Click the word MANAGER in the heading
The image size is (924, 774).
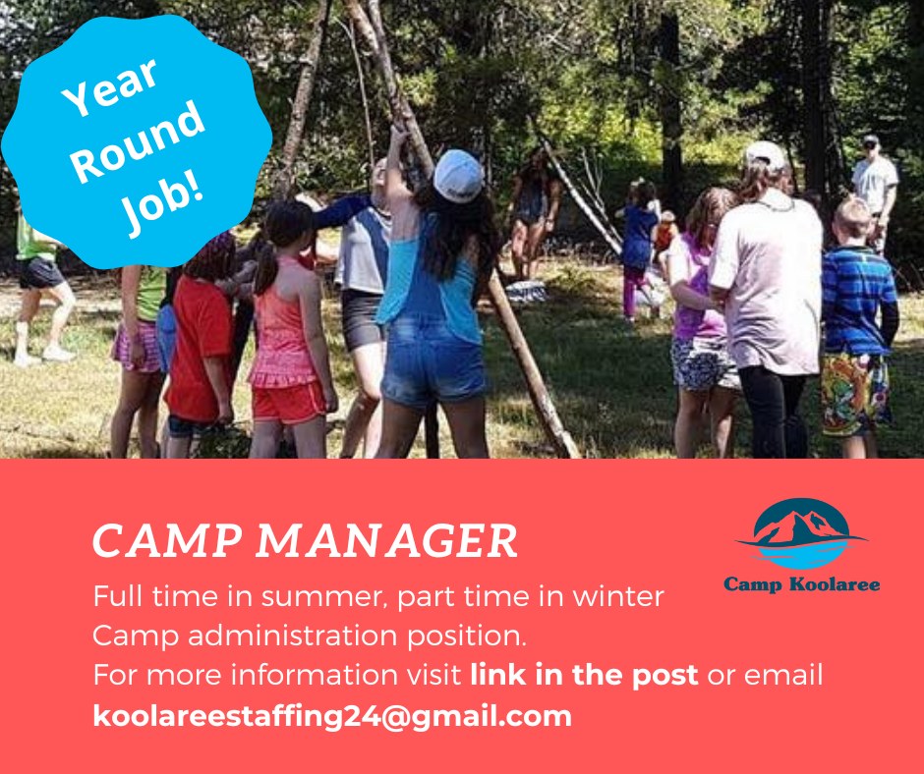click(x=386, y=540)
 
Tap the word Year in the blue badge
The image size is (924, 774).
click(x=110, y=86)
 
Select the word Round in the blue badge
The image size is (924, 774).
click(x=139, y=142)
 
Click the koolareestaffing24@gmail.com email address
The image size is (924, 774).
click(x=332, y=716)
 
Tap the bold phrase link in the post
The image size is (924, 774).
click(x=584, y=675)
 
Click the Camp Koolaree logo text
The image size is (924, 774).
click(x=801, y=584)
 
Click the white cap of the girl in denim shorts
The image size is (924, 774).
click(x=458, y=175)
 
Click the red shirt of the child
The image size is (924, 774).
click(x=200, y=349)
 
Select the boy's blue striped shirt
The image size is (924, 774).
click(x=858, y=301)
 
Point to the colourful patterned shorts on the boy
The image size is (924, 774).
click(x=855, y=393)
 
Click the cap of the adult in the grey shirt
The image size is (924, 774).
click(x=765, y=155)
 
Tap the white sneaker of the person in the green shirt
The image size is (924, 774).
click(x=58, y=354)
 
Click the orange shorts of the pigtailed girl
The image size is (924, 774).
click(x=289, y=403)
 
